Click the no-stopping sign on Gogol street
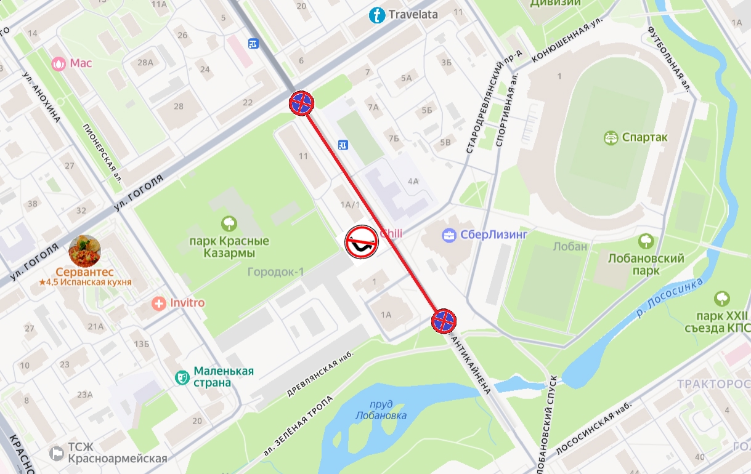click(302, 103)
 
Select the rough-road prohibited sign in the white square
click(361, 241)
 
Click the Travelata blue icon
click(376, 15)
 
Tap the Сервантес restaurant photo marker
click(85, 251)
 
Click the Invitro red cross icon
click(159, 303)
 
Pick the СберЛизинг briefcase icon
click(450, 235)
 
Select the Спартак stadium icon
click(611, 137)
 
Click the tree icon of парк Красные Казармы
click(229, 223)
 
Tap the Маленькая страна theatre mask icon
click(182, 377)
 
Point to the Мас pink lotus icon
click(59, 63)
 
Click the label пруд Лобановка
click(381, 410)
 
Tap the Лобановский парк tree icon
click(646, 241)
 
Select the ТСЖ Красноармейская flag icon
click(57, 454)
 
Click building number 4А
click(413, 181)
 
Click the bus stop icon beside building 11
click(343, 145)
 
